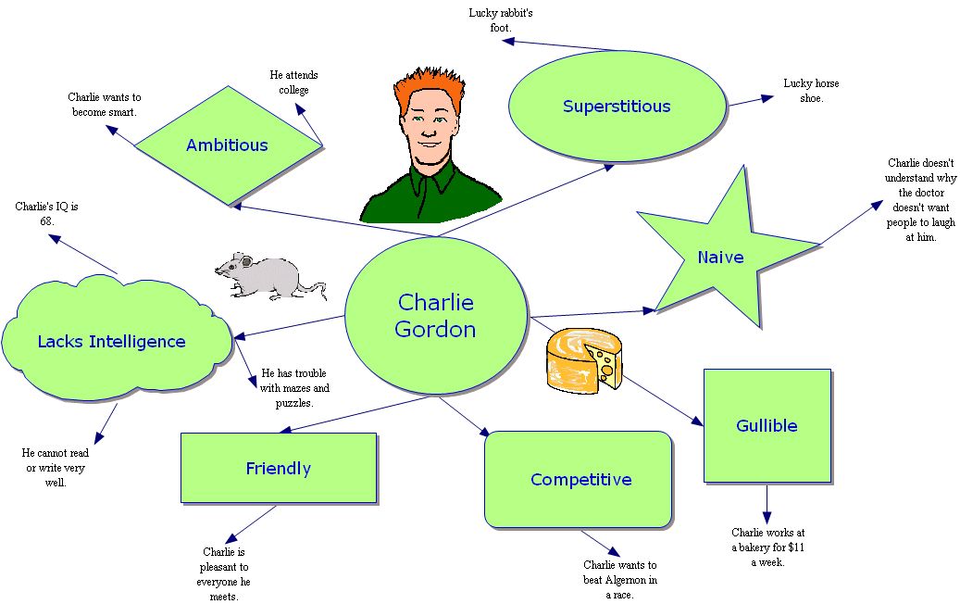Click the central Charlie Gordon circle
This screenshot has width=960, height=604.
(436, 315)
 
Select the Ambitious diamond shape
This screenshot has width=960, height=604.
(227, 145)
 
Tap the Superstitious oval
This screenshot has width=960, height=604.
(617, 107)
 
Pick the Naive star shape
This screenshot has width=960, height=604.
(720, 257)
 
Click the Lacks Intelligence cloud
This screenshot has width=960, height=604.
(112, 342)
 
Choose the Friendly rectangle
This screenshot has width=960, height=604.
(278, 468)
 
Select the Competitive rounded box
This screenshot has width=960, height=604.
(580, 479)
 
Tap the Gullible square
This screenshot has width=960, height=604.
(767, 426)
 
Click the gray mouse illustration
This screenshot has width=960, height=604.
(267, 275)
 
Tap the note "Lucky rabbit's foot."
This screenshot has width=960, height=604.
(501, 20)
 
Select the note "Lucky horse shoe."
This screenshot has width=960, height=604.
(811, 91)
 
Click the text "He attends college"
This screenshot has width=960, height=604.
(293, 82)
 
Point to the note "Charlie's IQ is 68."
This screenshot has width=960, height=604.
(47, 214)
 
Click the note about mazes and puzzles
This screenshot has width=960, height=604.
(294, 388)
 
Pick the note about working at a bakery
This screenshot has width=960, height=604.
(767, 547)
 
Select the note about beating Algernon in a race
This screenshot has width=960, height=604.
(620, 579)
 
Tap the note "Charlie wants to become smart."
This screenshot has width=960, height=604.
(104, 105)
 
